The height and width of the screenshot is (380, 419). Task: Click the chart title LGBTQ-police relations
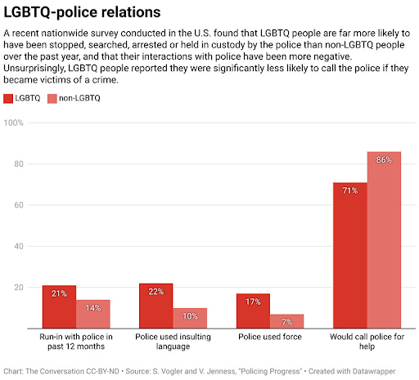[82, 12]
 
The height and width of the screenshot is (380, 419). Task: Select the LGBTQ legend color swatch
[8, 98]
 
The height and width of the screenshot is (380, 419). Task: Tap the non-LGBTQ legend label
[79, 98]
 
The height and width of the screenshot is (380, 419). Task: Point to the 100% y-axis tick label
[14, 123]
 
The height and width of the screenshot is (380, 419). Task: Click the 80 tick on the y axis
[19, 164]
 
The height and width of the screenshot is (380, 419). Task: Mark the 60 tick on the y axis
[19, 205]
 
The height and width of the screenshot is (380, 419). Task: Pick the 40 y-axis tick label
[19, 246]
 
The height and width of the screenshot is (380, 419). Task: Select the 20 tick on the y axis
[19, 288]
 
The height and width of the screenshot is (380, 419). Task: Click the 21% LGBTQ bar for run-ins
[59, 306]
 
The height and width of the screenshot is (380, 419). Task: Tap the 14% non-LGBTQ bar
[93, 314]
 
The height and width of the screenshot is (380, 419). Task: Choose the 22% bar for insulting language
[156, 306]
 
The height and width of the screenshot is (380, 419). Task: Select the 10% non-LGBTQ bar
[190, 318]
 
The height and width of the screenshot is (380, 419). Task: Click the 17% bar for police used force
[253, 311]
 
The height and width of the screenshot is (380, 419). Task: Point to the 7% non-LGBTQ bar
[287, 321]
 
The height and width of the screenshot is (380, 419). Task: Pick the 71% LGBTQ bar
[350, 256]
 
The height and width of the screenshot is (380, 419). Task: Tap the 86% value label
[384, 159]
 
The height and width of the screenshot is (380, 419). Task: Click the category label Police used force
[270, 337]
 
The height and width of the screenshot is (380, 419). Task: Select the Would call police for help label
[367, 342]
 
